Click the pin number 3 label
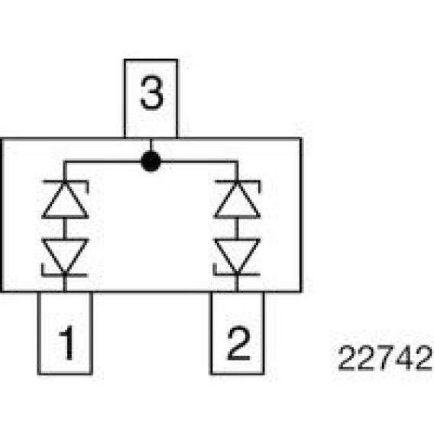tap(151, 92)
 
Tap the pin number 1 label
tap(67, 342)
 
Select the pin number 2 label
tap(238, 343)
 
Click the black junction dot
tap(151, 161)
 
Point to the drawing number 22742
tap(385, 358)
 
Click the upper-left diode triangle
tap(65, 200)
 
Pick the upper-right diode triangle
tap(237, 200)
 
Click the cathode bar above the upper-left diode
tap(65, 182)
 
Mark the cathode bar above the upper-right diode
tap(237, 182)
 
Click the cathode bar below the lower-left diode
tap(64, 275)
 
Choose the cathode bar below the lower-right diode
tap(237, 274)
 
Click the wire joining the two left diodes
tap(65, 229)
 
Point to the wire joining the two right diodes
tap(237, 229)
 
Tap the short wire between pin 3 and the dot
tap(151, 144)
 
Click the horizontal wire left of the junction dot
tap(102, 162)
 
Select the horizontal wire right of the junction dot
tap(199, 162)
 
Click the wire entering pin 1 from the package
tap(65, 283)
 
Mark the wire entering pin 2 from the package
tap(237, 283)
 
